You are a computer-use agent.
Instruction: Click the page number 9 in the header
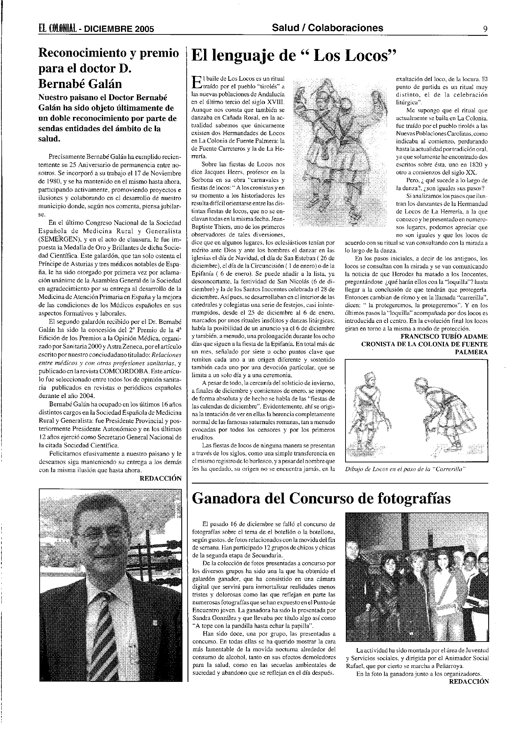point(485,29)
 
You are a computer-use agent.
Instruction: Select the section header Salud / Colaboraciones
point(327,28)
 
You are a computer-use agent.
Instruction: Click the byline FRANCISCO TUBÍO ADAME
point(444,336)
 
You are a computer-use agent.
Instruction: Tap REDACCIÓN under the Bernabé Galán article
point(160,478)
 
